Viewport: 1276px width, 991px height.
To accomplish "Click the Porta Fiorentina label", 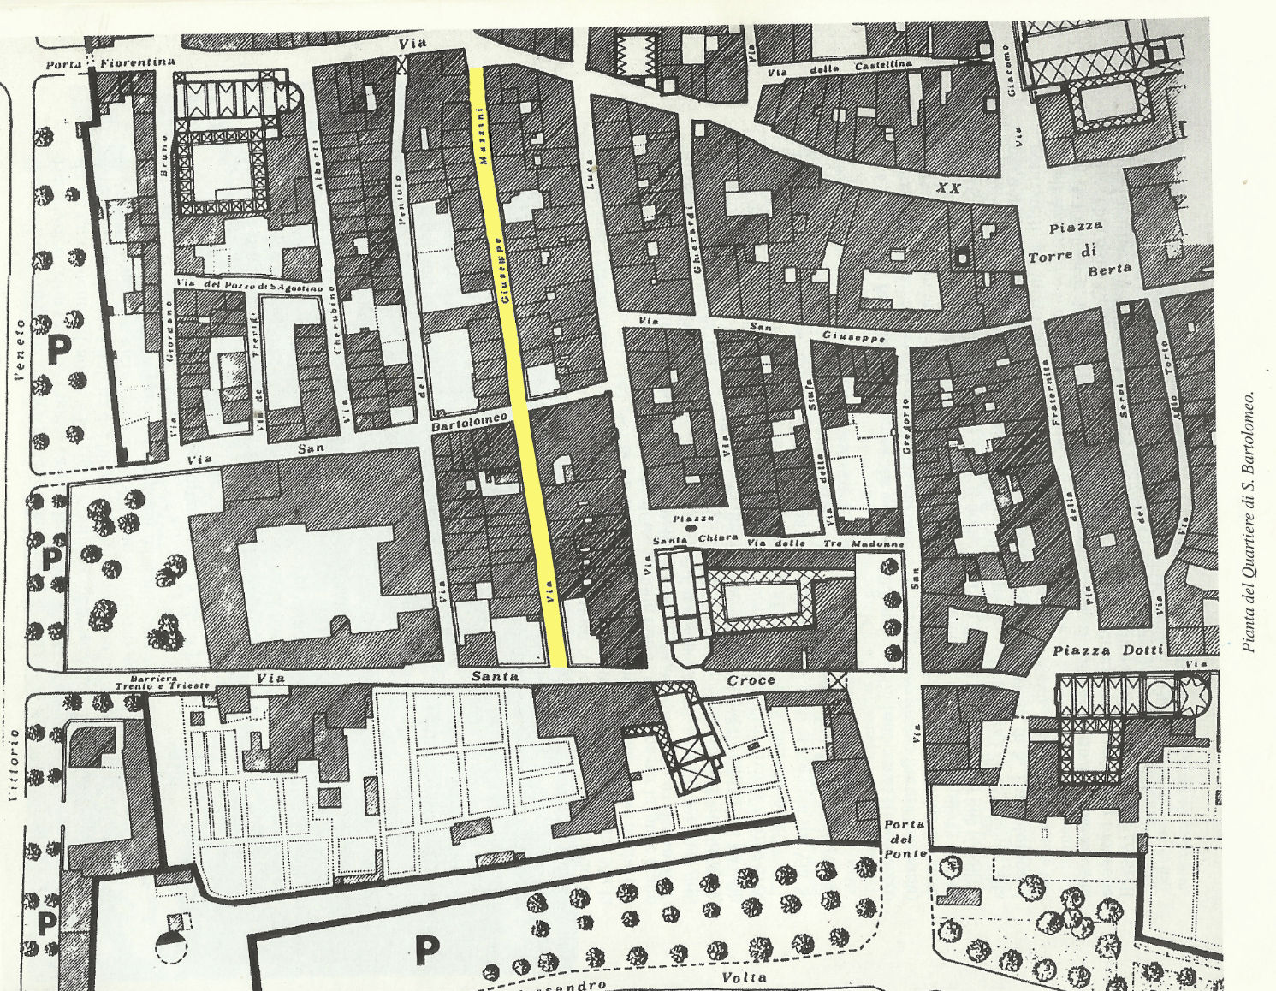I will [x=110, y=62].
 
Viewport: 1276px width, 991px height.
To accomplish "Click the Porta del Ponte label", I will [x=904, y=840].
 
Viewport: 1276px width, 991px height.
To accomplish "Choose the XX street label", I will [x=947, y=187].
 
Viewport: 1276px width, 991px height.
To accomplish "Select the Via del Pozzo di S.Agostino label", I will [x=248, y=287].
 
